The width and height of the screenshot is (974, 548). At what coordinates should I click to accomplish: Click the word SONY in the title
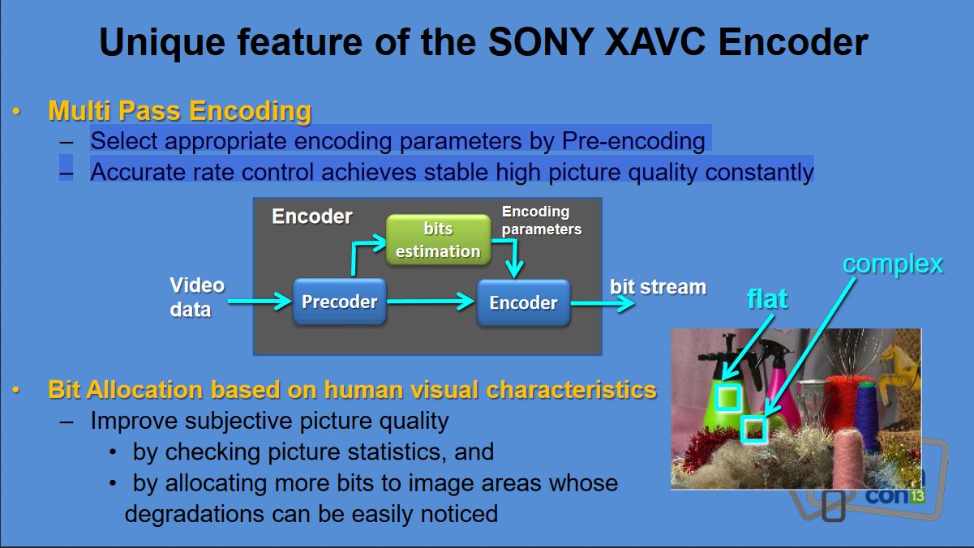click(x=542, y=42)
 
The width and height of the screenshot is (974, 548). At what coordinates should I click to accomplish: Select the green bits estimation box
click(x=438, y=240)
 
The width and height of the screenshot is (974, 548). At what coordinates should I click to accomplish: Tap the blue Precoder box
click(x=340, y=302)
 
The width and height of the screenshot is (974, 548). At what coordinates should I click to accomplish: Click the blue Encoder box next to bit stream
click(x=524, y=303)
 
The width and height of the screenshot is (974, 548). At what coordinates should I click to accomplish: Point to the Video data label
click(x=197, y=298)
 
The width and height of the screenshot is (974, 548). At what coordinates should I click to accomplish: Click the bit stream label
click(x=658, y=287)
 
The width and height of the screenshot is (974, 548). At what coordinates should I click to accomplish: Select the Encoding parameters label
click(x=542, y=220)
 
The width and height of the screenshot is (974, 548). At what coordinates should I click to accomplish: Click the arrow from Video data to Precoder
click(x=260, y=302)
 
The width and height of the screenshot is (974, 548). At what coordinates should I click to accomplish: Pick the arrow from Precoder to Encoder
click(x=431, y=302)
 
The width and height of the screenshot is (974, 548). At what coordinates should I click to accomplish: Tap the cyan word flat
click(x=767, y=299)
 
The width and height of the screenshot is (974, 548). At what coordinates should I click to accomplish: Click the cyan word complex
click(x=893, y=264)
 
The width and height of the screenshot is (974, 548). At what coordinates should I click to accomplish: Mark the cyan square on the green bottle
click(x=728, y=396)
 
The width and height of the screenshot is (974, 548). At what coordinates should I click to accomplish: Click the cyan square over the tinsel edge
click(x=754, y=430)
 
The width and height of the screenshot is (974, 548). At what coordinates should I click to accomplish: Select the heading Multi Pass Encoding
click(x=179, y=111)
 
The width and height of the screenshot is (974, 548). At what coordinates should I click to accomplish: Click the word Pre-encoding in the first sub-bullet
click(x=633, y=141)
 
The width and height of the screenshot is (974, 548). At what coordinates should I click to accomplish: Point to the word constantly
click(x=759, y=172)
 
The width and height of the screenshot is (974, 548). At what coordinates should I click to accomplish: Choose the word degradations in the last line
click(x=194, y=514)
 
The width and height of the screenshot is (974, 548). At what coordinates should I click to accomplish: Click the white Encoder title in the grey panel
click(x=311, y=216)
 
